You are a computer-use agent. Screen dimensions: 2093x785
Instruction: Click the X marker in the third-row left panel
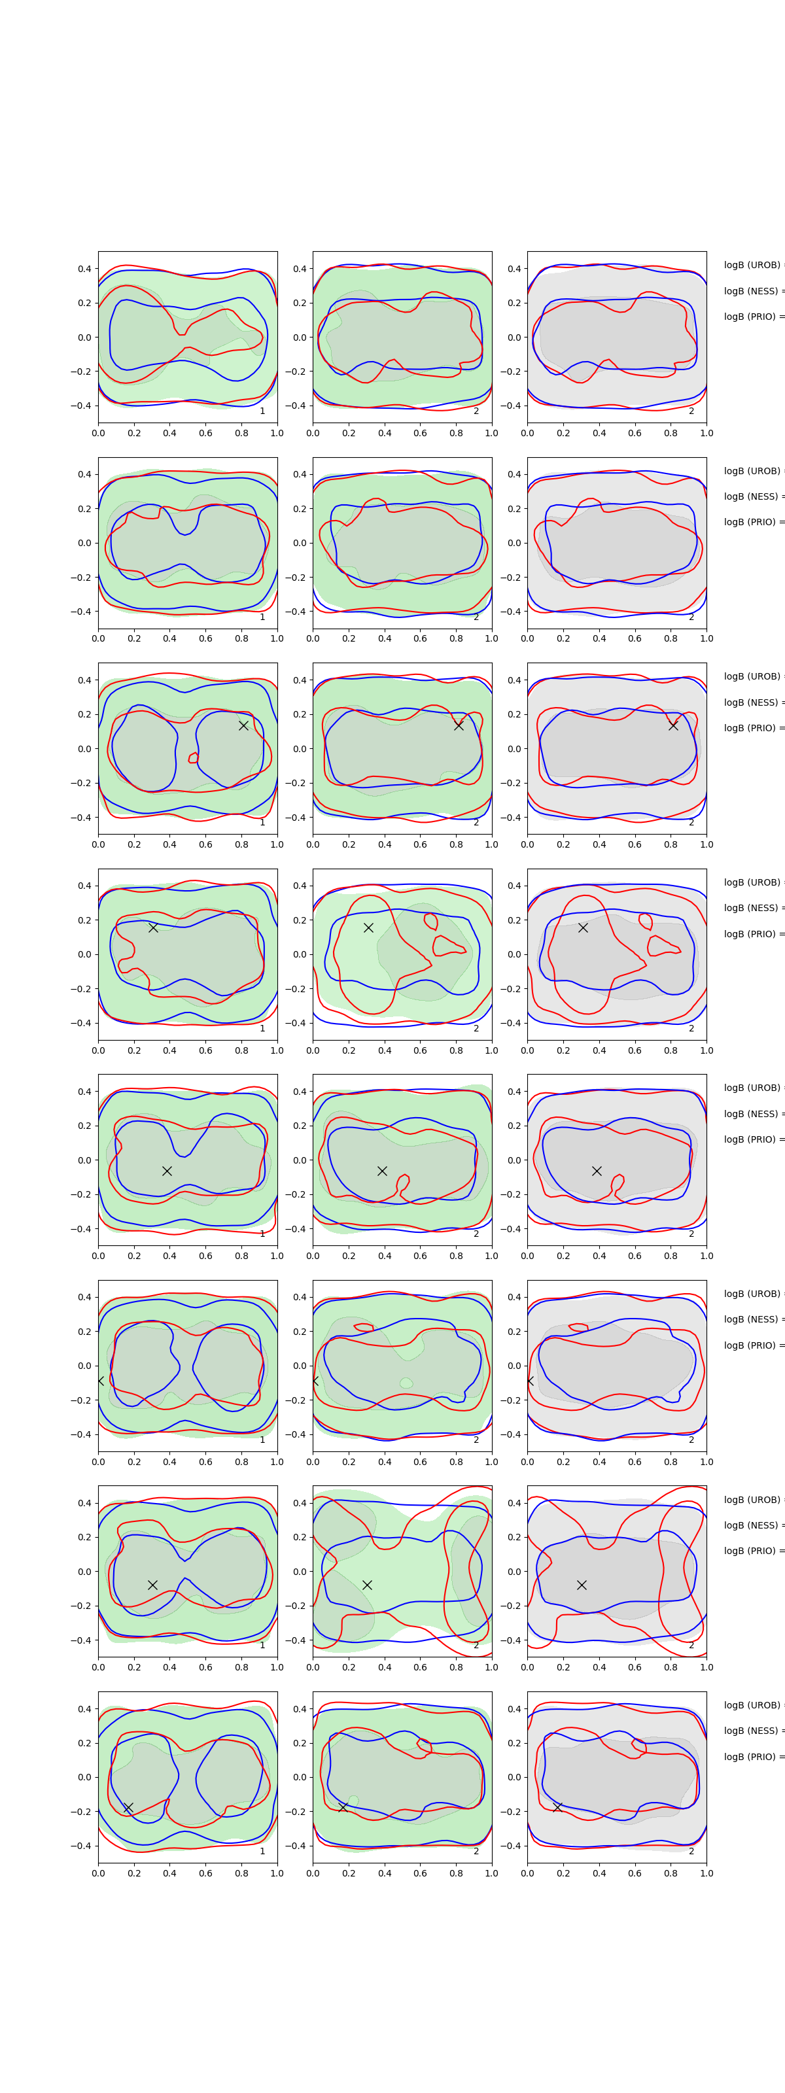click(x=243, y=725)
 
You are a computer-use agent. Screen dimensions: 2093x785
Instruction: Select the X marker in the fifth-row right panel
click(x=597, y=1171)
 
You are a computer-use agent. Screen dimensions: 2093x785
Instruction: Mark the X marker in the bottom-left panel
click(x=128, y=1807)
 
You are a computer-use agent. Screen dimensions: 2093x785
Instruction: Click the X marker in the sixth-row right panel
click(x=530, y=1381)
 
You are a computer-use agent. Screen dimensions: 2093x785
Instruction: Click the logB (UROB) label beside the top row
click(x=752, y=265)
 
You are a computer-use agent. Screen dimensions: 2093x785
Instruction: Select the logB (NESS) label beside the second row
click(x=752, y=496)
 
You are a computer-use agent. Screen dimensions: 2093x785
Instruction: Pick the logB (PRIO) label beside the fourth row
click(x=752, y=933)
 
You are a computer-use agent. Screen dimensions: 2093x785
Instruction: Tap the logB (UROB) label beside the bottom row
click(x=752, y=1704)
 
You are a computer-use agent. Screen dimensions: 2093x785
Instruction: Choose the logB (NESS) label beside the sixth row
click(x=752, y=1319)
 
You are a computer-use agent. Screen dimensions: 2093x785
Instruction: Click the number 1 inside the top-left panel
click(x=262, y=411)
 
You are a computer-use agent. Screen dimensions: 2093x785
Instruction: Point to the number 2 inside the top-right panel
click(x=691, y=411)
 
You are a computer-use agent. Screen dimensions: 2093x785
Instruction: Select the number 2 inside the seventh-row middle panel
click(x=476, y=1646)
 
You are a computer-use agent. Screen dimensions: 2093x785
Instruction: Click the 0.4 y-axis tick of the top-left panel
click(x=84, y=269)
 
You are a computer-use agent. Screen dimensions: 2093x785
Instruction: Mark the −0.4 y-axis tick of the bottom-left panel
click(x=81, y=1846)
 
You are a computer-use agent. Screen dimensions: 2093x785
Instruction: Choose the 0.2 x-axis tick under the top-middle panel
click(x=349, y=433)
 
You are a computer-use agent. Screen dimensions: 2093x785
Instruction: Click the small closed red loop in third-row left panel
click(x=194, y=758)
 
